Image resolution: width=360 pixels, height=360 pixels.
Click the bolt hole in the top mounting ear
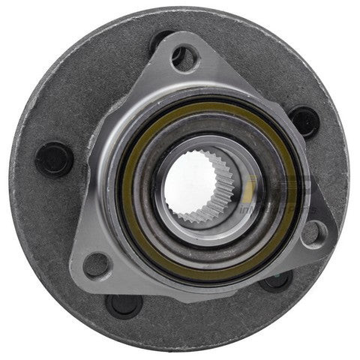tap(184, 58)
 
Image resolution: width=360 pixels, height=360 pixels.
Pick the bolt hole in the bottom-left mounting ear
tap(97, 264)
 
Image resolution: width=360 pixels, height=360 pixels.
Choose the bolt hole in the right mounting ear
tap(313, 233)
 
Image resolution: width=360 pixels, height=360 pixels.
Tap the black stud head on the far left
tap(54, 159)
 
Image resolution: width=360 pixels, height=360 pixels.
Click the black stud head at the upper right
tap(304, 121)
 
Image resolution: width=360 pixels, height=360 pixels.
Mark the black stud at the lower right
tap(276, 280)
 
